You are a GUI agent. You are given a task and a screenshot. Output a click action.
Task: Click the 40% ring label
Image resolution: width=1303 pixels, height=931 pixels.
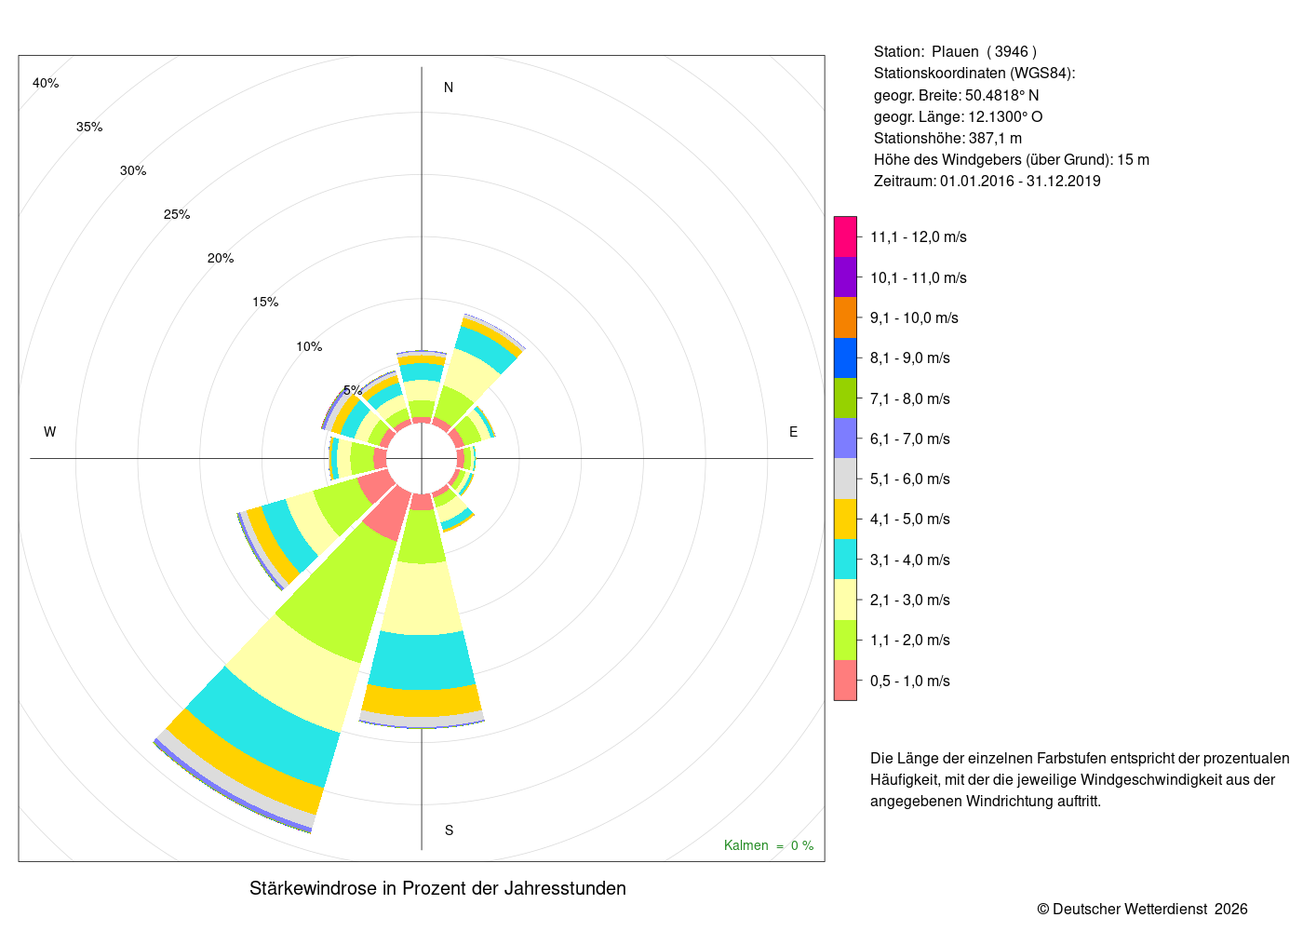click(46, 83)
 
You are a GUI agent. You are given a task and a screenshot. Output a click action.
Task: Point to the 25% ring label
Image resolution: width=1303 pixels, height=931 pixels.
click(177, 215)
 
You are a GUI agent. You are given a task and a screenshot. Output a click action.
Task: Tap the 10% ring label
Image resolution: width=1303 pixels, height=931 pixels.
click(309, 346)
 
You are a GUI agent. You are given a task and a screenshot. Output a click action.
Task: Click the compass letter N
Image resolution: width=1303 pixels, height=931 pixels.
click(449, 88)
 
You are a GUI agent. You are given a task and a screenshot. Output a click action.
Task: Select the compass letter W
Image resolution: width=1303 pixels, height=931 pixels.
click(50, 432)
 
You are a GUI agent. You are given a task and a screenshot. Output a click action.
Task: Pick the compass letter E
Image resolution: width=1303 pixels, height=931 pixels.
click(793, 432)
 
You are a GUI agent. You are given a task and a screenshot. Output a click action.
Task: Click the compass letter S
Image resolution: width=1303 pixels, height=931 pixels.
click(449, 830)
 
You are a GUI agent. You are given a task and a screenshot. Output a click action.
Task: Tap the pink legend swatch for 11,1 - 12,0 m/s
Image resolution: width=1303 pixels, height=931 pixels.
click(845, 236)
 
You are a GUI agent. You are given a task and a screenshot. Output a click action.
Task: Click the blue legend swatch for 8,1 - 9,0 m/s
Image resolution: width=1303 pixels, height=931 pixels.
click(845, 358)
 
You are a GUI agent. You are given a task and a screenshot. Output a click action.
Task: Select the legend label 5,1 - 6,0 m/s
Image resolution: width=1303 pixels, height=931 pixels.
click(910, 479)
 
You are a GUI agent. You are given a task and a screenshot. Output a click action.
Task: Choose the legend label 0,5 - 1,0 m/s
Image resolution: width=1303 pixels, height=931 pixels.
click(910, 681)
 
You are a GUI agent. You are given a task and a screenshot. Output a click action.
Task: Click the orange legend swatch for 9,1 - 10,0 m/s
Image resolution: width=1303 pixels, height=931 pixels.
click(845, 317)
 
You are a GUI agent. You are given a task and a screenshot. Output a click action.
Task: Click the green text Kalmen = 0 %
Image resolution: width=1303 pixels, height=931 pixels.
click(769, 845)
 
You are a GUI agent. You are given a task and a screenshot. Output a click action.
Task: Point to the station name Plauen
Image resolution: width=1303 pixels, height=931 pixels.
click(955, 52)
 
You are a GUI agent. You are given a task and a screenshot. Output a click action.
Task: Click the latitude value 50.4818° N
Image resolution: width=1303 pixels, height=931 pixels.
click(1001, 95)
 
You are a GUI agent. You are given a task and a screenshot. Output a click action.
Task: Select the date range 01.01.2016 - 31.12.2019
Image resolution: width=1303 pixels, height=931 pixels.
click(1020, 181)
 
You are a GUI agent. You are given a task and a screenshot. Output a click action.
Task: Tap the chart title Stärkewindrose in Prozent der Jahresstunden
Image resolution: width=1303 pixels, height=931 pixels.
click(437, 888)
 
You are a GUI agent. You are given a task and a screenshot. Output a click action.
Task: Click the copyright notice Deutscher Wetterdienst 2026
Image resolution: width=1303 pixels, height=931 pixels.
click(1143, 910)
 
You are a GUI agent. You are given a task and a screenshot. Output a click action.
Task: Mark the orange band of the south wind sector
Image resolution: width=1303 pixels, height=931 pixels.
click(422, 700)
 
